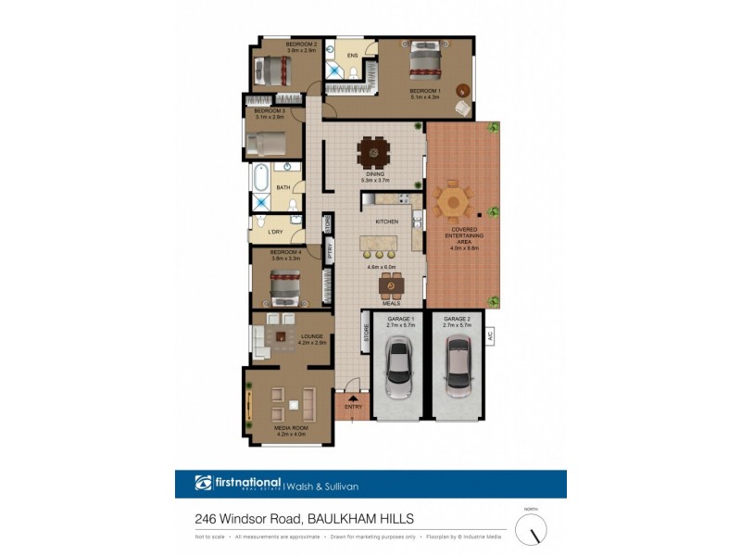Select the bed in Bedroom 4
285,288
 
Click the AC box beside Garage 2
492,336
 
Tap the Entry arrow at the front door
353,398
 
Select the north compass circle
531,530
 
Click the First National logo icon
204,483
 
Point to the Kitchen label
387,222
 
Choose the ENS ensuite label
352,56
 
